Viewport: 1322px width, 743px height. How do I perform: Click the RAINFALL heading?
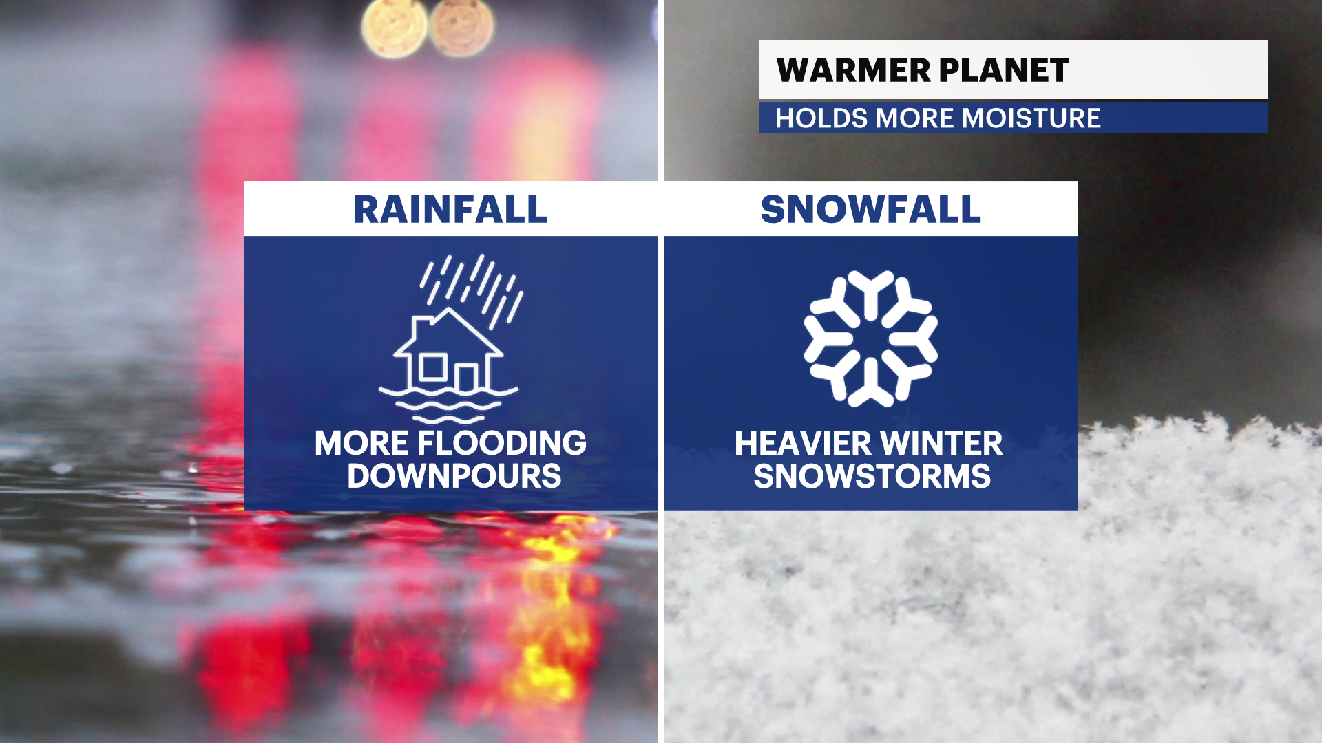(x=450, y=209)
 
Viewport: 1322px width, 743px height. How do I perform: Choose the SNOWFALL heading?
(x=870, y=209)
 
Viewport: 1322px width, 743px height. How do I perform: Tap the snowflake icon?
(x=871, y=338)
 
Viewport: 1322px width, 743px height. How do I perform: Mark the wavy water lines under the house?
(x=448, y=405)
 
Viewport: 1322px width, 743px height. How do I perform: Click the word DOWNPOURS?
(x=454, y=476)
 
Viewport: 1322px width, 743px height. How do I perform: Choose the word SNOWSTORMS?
(x=872, y=476)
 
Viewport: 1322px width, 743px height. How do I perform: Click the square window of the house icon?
(x=433, y=367)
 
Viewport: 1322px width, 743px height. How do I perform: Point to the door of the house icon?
(x=467, y=378)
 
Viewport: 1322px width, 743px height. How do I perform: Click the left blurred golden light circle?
(x=395, y=28)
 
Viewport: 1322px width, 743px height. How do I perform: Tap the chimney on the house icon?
(x=421, y=327)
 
